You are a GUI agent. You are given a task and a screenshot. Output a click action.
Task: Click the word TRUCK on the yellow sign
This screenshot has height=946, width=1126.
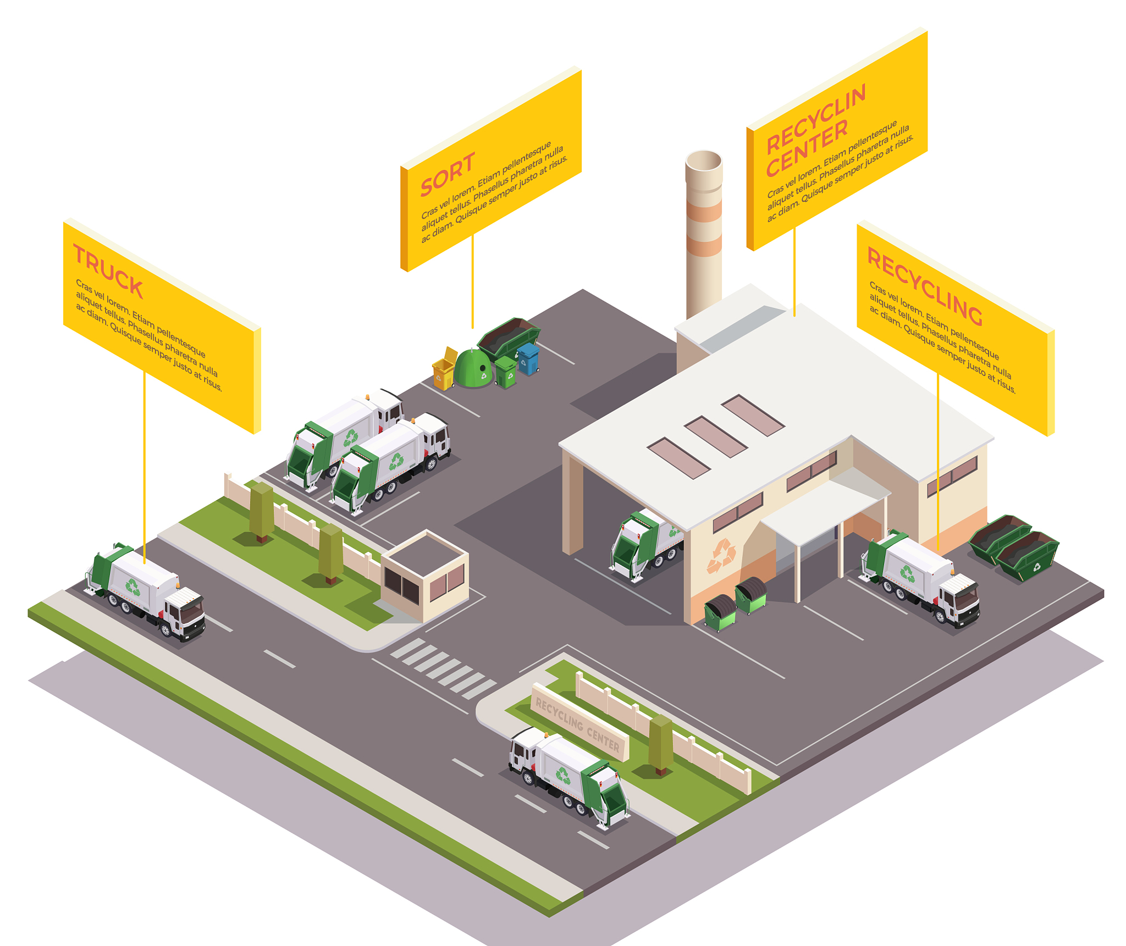pos(108,273)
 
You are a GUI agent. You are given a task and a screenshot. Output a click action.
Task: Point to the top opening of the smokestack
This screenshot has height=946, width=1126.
pos(704,161)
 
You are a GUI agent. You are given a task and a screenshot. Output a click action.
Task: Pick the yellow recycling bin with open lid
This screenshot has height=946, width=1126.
pos(444,370)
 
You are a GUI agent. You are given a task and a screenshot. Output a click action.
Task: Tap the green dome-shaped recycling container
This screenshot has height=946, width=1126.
pos(473,369)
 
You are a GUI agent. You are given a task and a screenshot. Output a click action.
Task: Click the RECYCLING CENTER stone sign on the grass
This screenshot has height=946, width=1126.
pos(578,721)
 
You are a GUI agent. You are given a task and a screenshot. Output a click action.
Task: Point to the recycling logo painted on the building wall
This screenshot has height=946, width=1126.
pos(721,555)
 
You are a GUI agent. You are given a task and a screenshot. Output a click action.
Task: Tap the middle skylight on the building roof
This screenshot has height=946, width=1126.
pos(715,437)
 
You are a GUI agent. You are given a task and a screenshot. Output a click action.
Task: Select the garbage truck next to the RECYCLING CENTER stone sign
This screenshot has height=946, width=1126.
pos(569,775)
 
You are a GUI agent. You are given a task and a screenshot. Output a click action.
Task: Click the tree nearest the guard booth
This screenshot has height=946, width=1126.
pos(331,552)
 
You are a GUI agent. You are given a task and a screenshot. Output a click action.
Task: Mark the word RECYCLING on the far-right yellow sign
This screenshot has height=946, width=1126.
pos(924,286)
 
